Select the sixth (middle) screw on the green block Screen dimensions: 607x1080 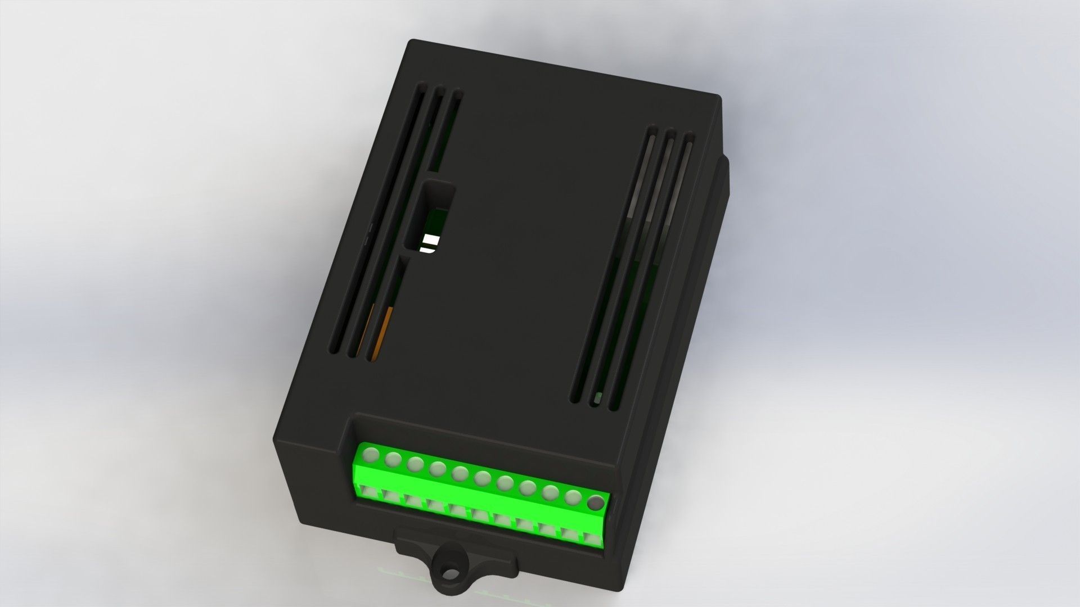pos(482,479)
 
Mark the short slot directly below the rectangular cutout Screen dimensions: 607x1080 pos(388,303)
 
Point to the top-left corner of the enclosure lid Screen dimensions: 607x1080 pos(413,42)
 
